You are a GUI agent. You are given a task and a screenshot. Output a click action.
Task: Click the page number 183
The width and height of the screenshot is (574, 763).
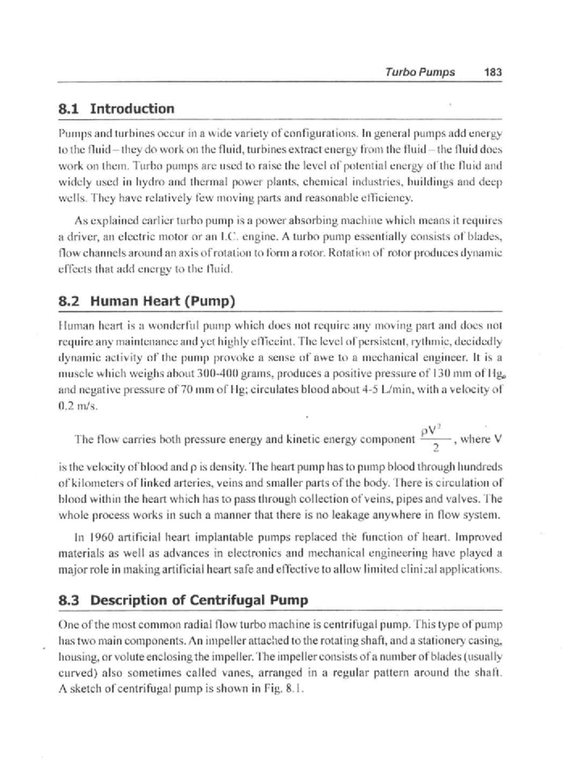pyautogui.click(x=493, y=73)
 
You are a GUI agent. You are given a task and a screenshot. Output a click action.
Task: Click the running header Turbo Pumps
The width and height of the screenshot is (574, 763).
pyautogui.click(x=420, y=73)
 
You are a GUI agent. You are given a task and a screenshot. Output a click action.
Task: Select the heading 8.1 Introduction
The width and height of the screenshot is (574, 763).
pyautogui.click(x=116, y=109)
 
